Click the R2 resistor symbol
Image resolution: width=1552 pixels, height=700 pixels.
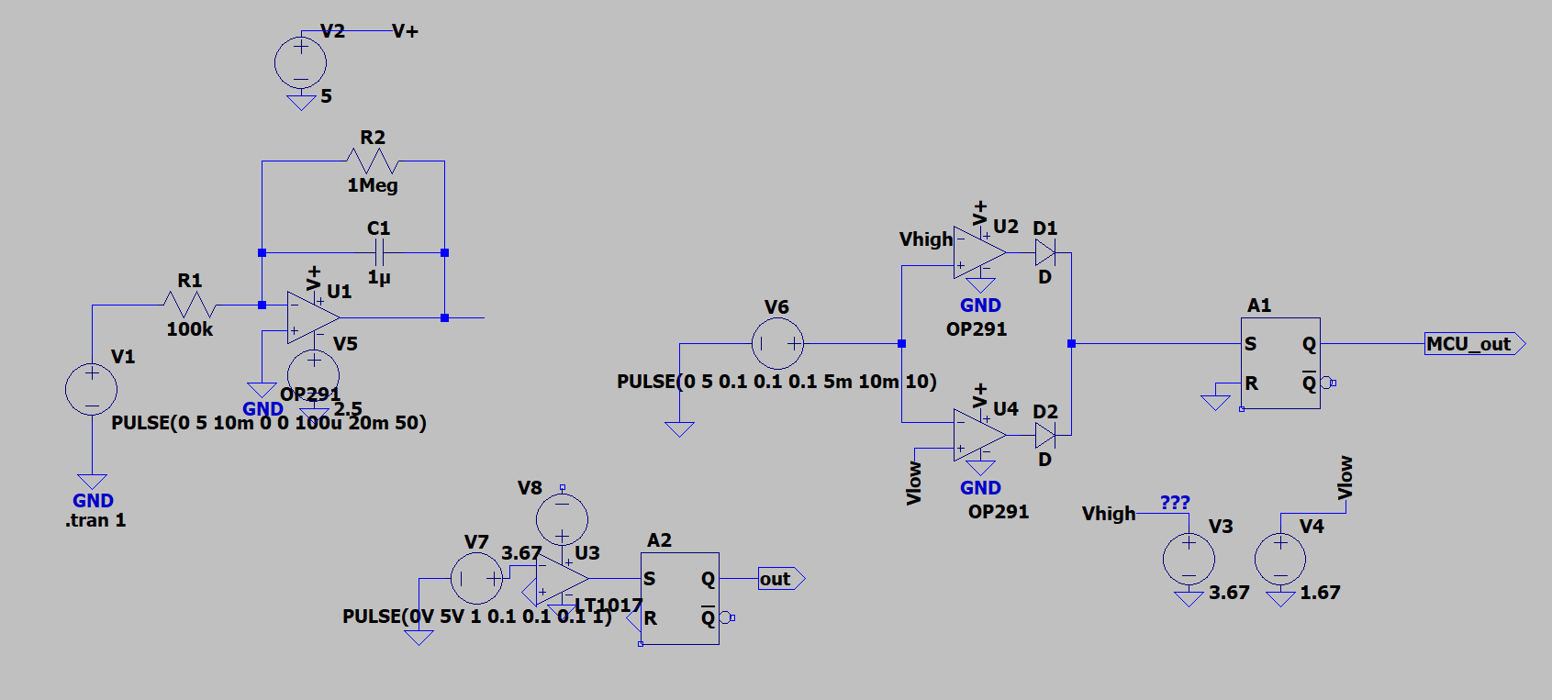(x=372, y=161)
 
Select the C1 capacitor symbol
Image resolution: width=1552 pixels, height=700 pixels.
(x=379, y=252)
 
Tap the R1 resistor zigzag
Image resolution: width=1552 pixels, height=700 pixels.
(x=189, y=305)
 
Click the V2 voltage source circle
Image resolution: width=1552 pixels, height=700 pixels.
(x=300, y=62)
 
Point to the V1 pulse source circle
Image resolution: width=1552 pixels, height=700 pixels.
(x=91, y=389)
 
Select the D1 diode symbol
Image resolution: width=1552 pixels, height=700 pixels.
(x=1045, y=252)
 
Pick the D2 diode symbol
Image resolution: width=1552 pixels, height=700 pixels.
(x=1045, y=435)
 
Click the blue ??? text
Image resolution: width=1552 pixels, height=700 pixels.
(x=1175, y=503)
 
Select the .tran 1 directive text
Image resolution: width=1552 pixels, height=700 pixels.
(x=95, y=520)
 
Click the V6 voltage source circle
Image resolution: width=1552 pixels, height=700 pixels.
(x=777, y=344)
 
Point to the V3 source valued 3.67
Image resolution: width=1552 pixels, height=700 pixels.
(x=1189, y=559)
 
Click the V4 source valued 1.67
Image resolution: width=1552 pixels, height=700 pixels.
(x=1280, y=559)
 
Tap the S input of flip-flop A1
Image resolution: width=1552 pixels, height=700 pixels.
(x=1250, y=344)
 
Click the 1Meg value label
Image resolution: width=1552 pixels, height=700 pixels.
(x=372, y=185)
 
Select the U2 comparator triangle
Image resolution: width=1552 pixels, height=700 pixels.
(x=977, y=252)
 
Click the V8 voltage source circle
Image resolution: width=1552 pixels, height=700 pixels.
(x=562, y=518)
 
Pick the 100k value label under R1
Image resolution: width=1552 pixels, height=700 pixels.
(x=189, y=329)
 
